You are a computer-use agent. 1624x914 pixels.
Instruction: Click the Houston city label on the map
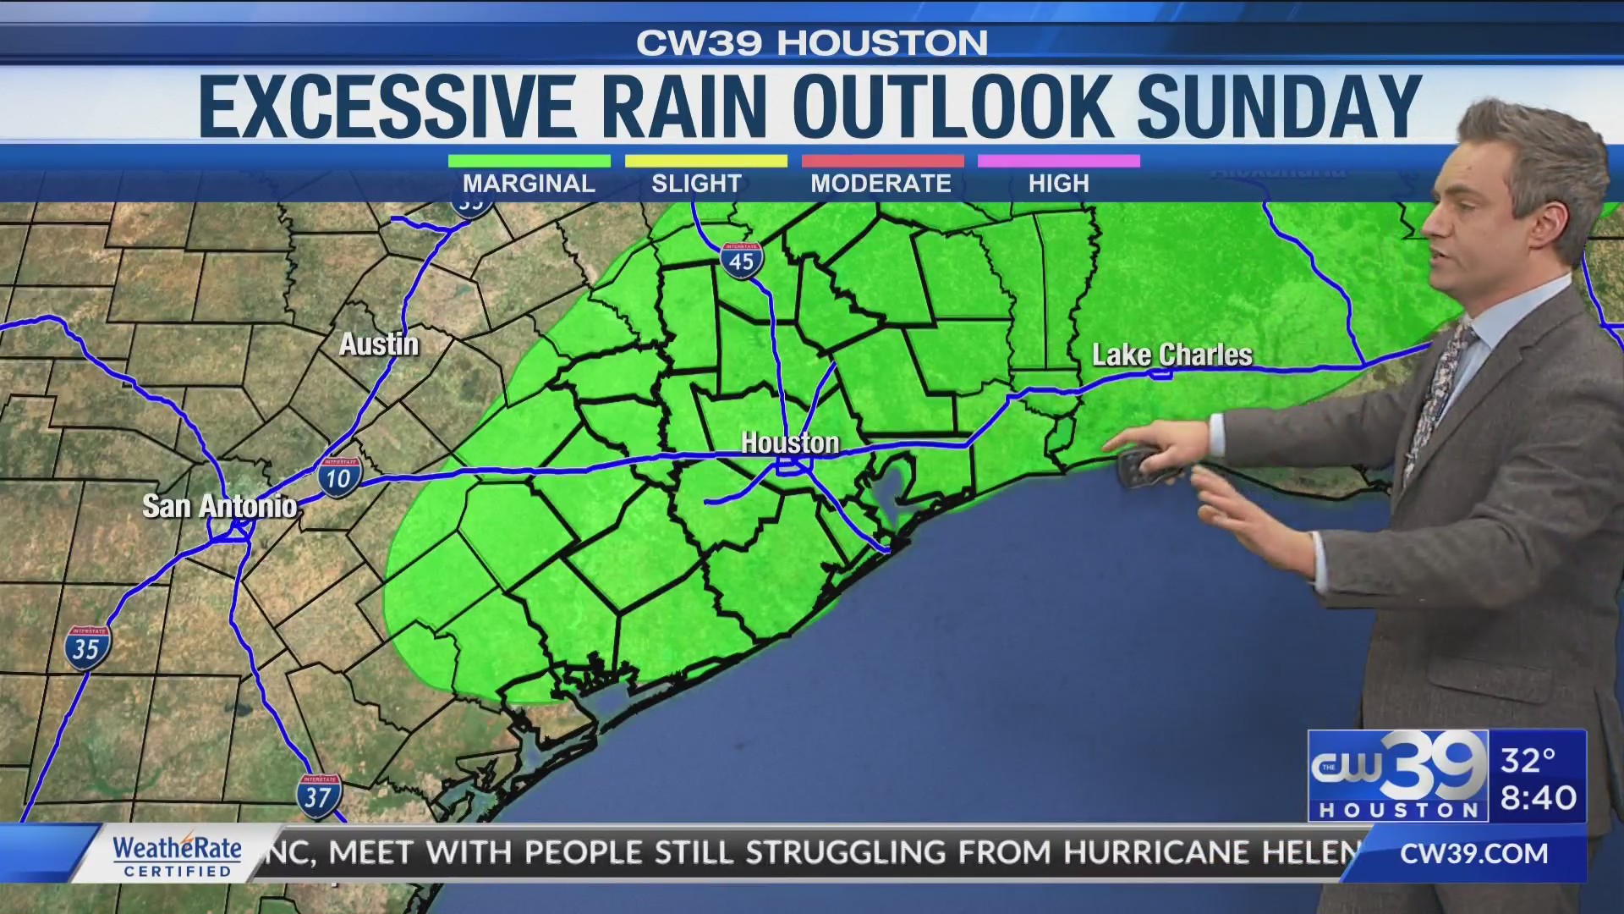coord(790,443)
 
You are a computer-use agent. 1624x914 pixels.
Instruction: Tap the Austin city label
coord(379,344)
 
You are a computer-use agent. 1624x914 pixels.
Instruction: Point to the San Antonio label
coord(219,506)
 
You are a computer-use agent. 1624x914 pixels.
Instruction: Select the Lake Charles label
coord(1171,355)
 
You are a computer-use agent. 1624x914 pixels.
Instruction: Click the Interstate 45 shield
coord(742,262)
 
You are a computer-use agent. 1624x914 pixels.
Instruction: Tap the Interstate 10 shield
coord(339,477)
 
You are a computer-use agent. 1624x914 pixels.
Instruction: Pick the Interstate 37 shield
coord(319,796)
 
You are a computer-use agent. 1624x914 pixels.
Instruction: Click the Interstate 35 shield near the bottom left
coord(87,648)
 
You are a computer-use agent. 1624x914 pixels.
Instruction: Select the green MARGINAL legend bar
coord(529,161)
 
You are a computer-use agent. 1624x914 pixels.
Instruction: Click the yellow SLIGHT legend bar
coord(705,161)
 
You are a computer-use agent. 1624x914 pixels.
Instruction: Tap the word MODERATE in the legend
coord(881,184)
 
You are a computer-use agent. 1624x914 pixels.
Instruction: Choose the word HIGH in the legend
coord(1058,184)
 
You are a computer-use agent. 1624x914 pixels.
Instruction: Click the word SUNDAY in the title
coord(1278,107)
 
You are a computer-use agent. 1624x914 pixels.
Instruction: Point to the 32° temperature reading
coord(1528,760)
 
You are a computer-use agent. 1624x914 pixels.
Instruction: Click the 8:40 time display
coord(1538,797)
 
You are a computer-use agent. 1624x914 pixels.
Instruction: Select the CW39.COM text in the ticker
coord(1473,854)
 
